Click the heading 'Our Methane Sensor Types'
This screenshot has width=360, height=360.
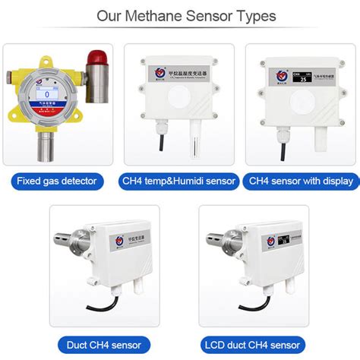(x=180, y=16)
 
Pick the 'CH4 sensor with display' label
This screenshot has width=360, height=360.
(x=301, y=181)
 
